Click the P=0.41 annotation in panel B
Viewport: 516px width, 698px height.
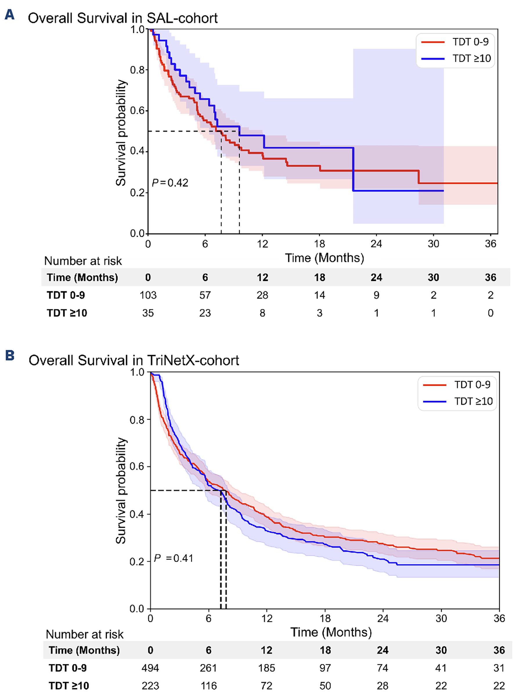tap(174, 558)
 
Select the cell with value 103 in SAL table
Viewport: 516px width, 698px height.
tap(148, 295)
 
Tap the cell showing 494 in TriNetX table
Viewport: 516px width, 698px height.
tap(150, 668)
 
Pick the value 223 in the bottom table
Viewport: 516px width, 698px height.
tap(150, 686)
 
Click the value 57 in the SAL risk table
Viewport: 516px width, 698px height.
tap(205, 295)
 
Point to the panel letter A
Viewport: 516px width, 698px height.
tap(9, 15)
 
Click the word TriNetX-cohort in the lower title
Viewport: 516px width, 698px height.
tap(193, 360)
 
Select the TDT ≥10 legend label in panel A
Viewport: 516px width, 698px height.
tap(472, 58)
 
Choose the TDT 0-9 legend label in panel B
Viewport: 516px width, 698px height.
tap(472, 385)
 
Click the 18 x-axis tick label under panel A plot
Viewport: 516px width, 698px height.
tap(319, 244)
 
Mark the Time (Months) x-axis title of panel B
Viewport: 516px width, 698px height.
tap(331, 632)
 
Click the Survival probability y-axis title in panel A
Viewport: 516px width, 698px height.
tap(121, 133)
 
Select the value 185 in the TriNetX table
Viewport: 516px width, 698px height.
tap(266, 668)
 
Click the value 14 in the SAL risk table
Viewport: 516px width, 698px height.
tap(319, 295)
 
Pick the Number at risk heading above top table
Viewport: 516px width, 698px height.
tap(83, 261)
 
